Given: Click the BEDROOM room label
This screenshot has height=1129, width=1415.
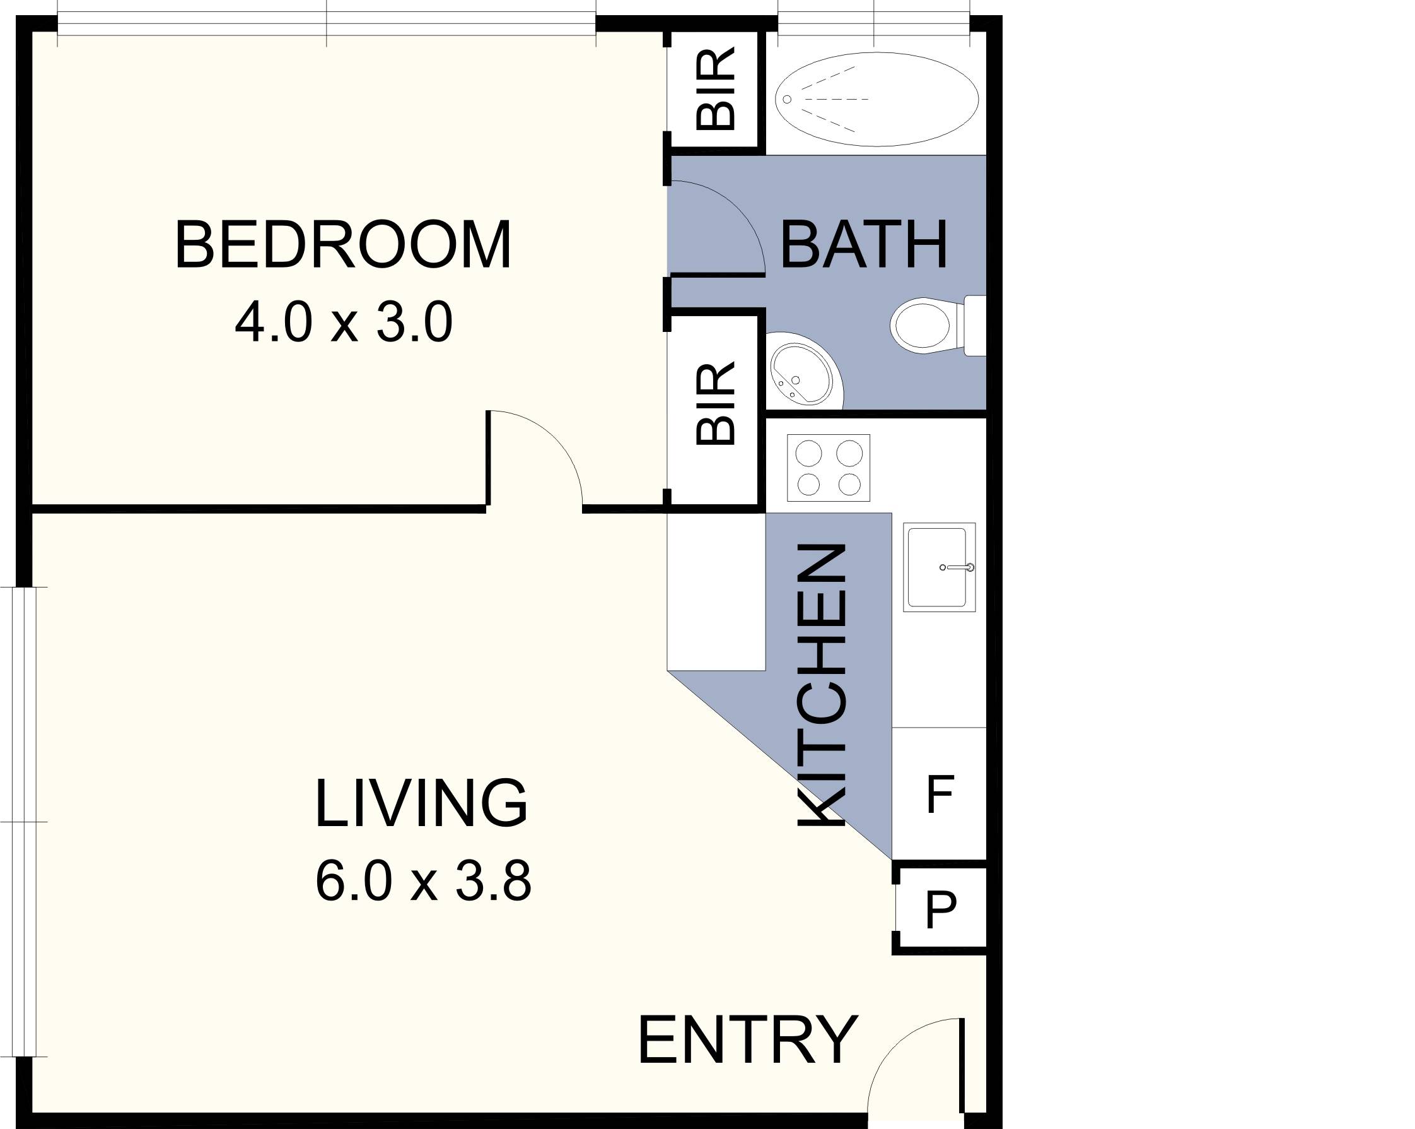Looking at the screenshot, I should click(342, 245).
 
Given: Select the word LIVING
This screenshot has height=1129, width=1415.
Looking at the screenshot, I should click(421, 803).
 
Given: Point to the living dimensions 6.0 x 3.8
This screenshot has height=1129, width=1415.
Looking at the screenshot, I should click(423, 882).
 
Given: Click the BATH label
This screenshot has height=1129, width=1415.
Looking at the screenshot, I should click(864, 245).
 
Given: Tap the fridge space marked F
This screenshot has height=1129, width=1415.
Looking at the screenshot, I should click(939, 794).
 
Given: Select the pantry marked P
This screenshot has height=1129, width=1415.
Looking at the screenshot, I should click(940, 910).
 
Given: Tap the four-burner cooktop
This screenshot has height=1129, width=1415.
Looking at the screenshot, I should click(829, 468).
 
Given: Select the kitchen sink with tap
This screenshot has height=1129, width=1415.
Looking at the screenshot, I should click(938, 567).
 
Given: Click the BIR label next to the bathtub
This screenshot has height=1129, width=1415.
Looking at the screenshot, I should click(715, 90).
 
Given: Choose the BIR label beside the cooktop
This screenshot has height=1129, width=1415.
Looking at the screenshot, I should click(715, 405).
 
